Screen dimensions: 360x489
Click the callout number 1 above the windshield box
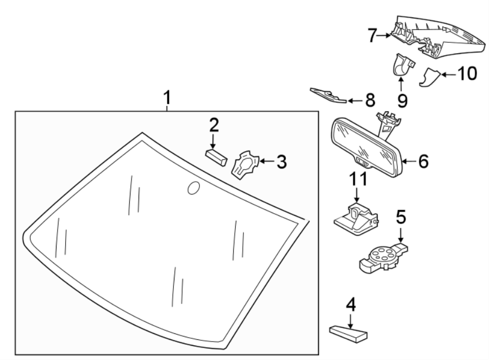tap(167, 98)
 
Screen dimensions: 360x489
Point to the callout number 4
tap(351, 306)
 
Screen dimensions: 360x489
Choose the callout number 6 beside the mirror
tap(423, 161)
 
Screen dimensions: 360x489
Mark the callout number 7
tap(372, 36)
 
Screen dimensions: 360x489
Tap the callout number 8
tap(369, 100)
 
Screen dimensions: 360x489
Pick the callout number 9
tap(402, 101)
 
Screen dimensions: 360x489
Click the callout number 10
tap(468, 73)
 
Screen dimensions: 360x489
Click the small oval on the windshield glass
tap(193, 188)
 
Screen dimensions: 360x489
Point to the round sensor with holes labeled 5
tap(381, 255)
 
